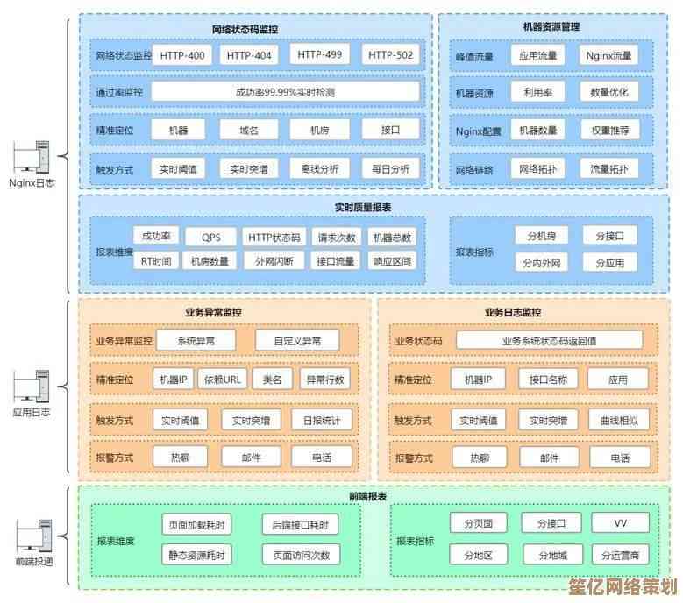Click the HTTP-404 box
[x=249, y=55]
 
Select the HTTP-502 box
[x=391, y=55]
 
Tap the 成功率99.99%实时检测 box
[x=285, y=92]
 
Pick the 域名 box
[x=250, y=130]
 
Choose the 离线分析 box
[x=320, y=168]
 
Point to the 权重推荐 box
[x=609, y=131]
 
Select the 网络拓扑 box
[x=537, y=168]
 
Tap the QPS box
[x=211, y=237]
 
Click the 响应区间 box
[x=391, y=260]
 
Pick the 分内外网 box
[x=542, y=262]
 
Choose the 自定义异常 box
[x=297, y=340]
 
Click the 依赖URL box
[x=222, y=380]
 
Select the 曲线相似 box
[x=619, y=420]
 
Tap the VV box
[x=620, y=523]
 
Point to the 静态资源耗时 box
[x=197, y=555]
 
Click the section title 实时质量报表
[x=362, y=208]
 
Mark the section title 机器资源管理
[x=550, y=26]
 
